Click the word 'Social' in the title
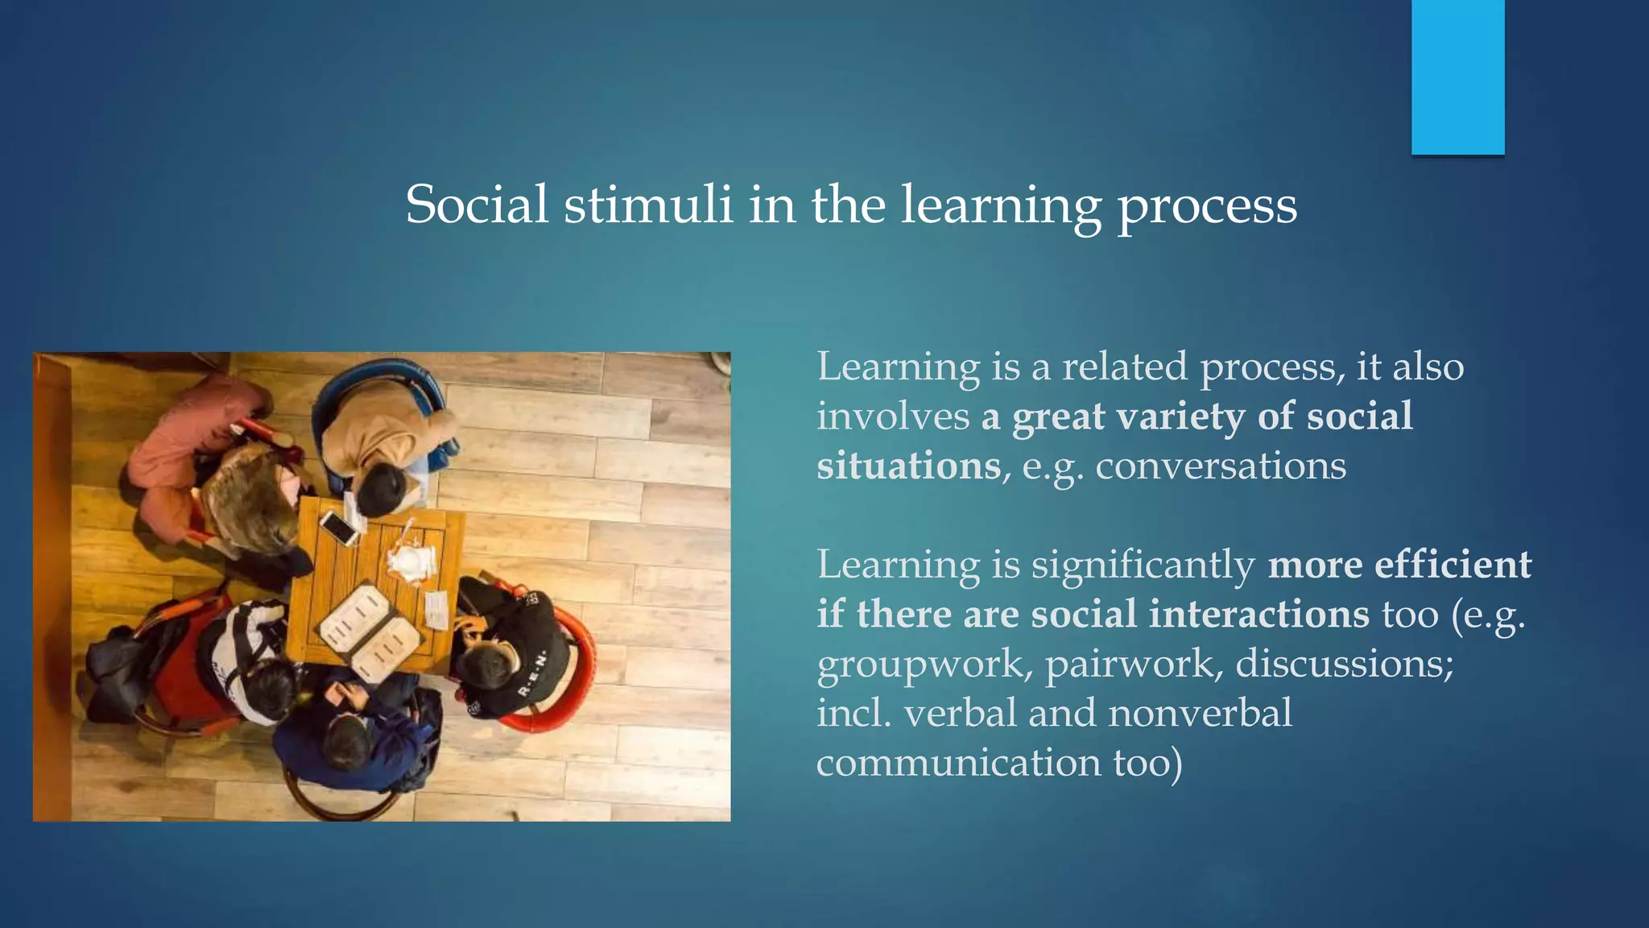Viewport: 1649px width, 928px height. pos(477,205)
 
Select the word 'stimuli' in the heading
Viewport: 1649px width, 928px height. pos(648,205)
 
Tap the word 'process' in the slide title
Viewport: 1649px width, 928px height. pos(1206,208)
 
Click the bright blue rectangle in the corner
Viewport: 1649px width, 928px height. pos(1457,77)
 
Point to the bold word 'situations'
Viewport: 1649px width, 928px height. pos(908,466)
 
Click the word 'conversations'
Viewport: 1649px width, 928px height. pos(1221,466)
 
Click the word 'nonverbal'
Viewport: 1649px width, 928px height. pos(1200,714)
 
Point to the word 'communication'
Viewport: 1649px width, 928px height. pos(958,763)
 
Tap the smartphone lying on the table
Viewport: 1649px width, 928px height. pos(339,528)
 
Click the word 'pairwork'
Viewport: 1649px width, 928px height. pos(1130,665)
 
